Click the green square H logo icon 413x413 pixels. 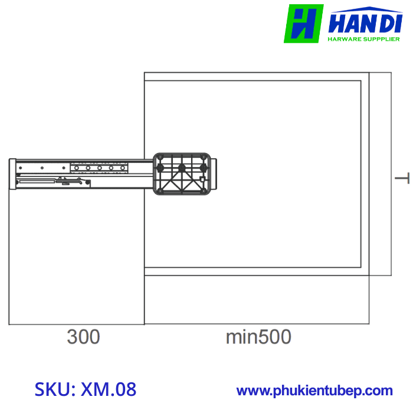tap(303, 24)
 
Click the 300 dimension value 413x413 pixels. tap(83, 337)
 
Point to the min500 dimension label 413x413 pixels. tap(258, 337)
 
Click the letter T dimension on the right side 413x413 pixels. tap(403, 179)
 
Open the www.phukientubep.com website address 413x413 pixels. tap(314, 391)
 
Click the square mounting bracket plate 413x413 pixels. tap(182, 173)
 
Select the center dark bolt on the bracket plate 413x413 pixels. tap(182, 168)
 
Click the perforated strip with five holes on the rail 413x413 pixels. tap(99, 168)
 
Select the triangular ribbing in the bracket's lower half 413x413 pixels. tap(182, 185)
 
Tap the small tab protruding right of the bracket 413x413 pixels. tap(214, 174)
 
